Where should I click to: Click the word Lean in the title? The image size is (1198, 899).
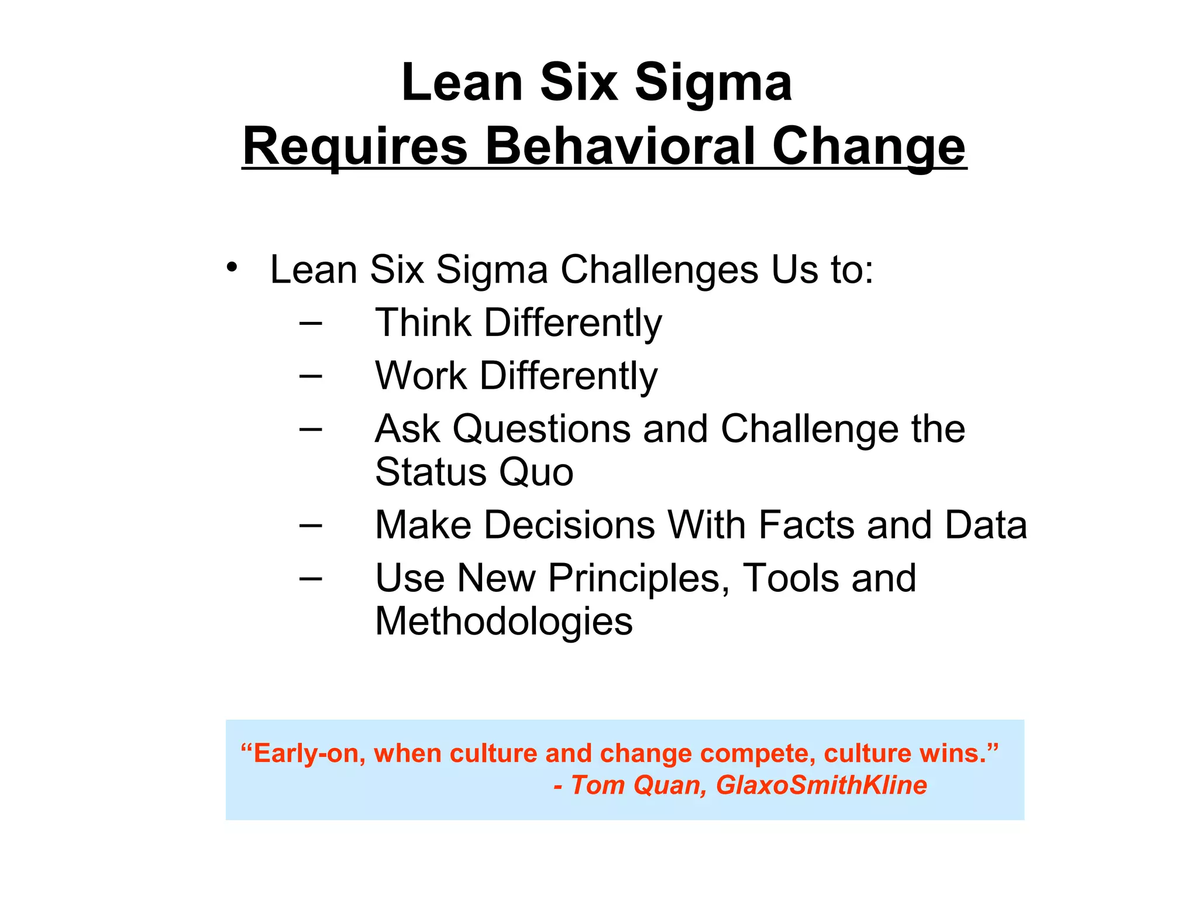coord(462,83)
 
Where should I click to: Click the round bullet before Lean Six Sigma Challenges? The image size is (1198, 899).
coord(232,267)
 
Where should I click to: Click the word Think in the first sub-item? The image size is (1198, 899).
coord(423,322)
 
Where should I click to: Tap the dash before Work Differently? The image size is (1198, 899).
coord(310,375)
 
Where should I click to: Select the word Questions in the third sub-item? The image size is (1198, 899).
coord(542,429)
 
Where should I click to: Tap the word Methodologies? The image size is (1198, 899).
coord(504,622)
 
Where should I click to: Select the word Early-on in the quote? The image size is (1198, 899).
coord(304,754)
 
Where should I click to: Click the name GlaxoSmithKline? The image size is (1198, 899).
coord(821,785)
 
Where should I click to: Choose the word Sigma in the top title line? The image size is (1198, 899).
coord(713,83)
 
